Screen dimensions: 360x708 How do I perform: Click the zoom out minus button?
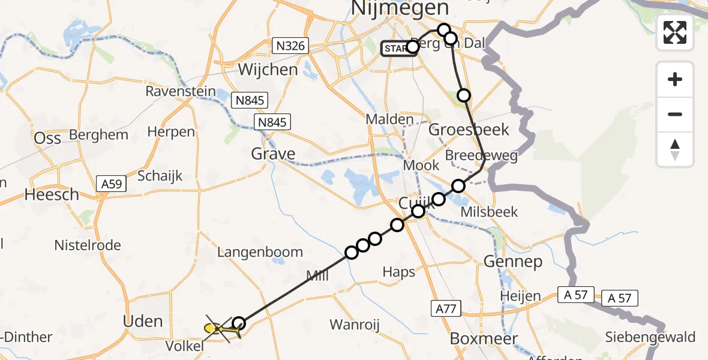tap(675, 114)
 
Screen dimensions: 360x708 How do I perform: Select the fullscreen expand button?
tap(675, 33)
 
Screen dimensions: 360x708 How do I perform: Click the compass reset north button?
tap(675, 149)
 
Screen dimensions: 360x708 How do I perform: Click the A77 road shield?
tap(445, 308)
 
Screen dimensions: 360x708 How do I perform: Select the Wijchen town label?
tap(268, 70)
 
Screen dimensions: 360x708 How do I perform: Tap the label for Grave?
tap(273, 154)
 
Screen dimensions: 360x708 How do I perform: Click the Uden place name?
tap(143, 321)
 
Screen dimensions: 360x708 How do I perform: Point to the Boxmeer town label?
tap(484, 339)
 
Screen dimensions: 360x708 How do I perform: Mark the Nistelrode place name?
tap(88, 245)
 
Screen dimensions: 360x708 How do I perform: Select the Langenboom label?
tap(260, 252)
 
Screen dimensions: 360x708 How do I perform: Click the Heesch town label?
tap(52, 194)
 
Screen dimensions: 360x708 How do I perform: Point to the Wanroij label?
tap(355, 325)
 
